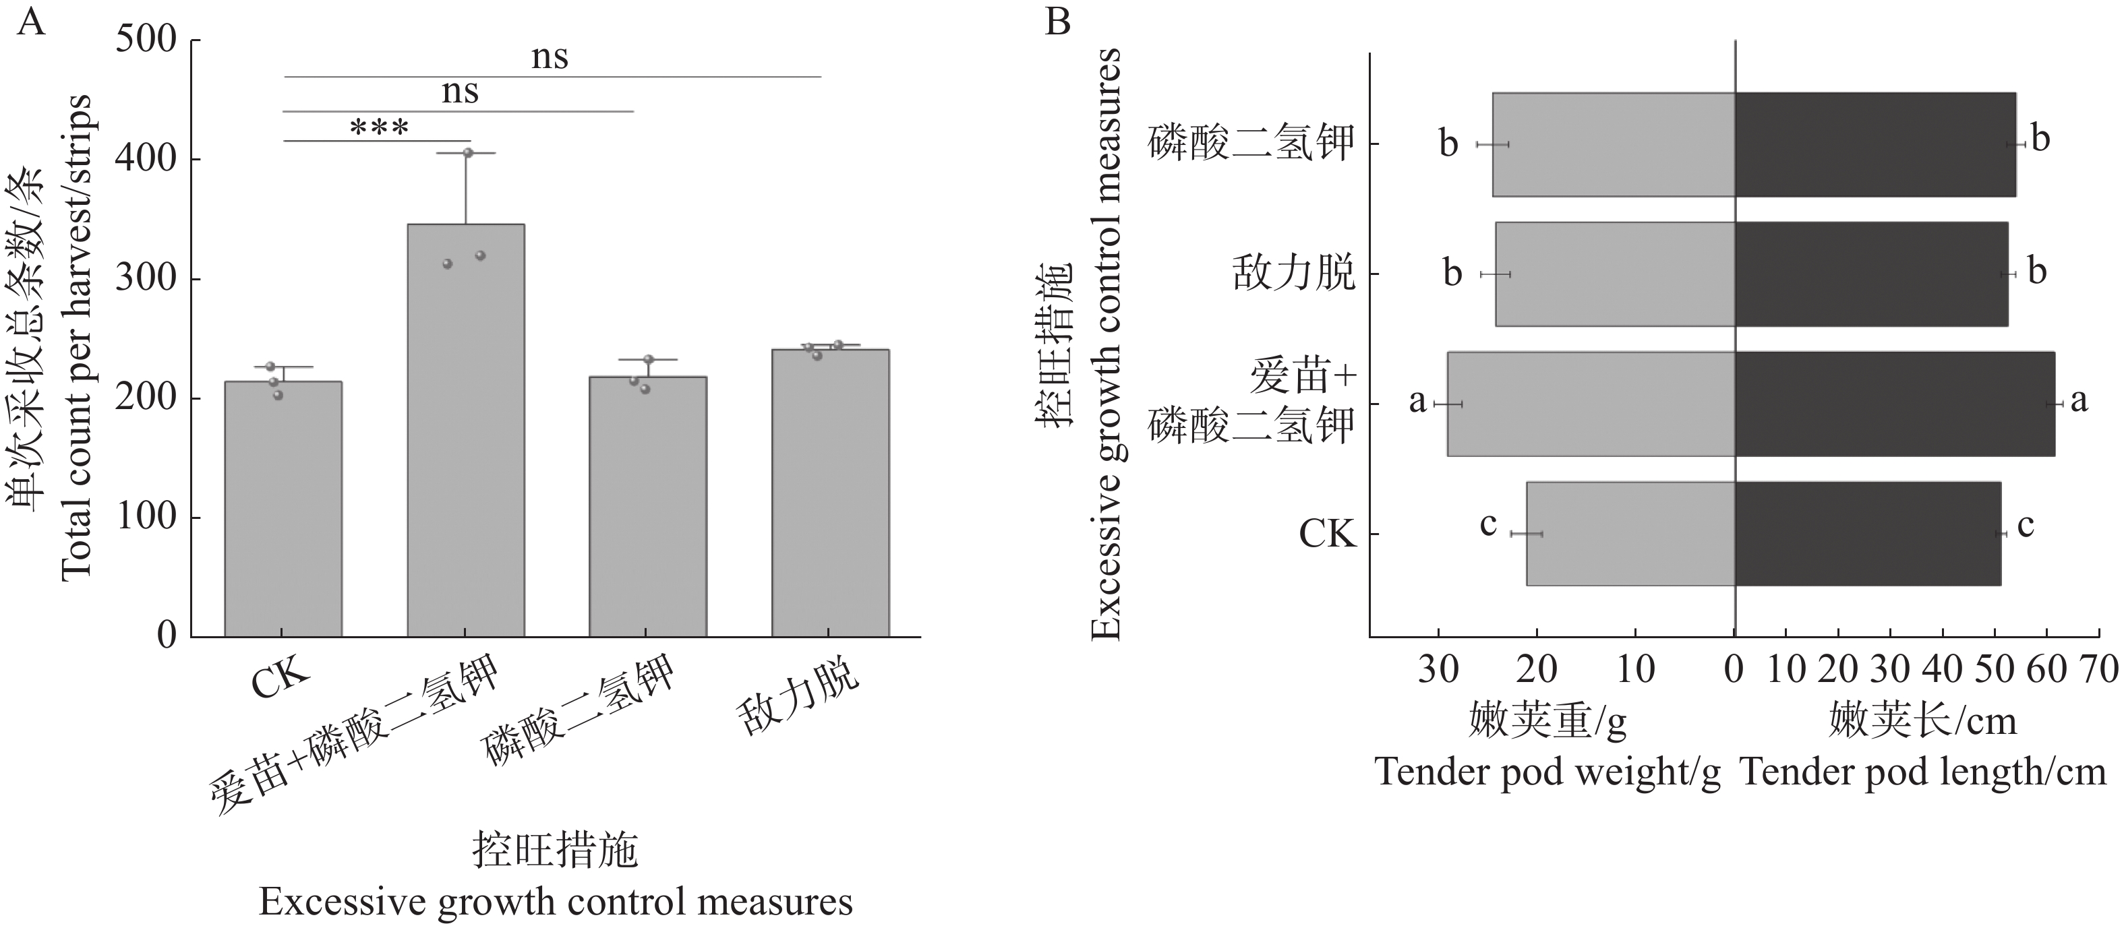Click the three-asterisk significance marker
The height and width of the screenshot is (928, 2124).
click(x=379, y=129)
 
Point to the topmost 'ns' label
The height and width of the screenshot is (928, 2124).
click(x=549, y=57)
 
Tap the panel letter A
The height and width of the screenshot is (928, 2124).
click(x=30, y=22)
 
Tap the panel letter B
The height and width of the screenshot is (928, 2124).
click(x=1058, y=22)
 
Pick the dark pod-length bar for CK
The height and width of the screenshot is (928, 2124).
click(x=1868, y=534)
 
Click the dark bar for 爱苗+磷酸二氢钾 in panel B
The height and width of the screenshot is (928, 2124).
click(x=1895, y=404)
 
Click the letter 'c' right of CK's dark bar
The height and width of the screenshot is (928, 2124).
click(x=2025, y=525)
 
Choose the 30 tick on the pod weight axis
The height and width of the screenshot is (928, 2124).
click(x=1438, y=669)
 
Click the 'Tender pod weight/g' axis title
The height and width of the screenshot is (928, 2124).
click(x=1547, y=772)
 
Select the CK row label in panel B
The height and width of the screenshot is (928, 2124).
click(x=1327, y=534)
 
